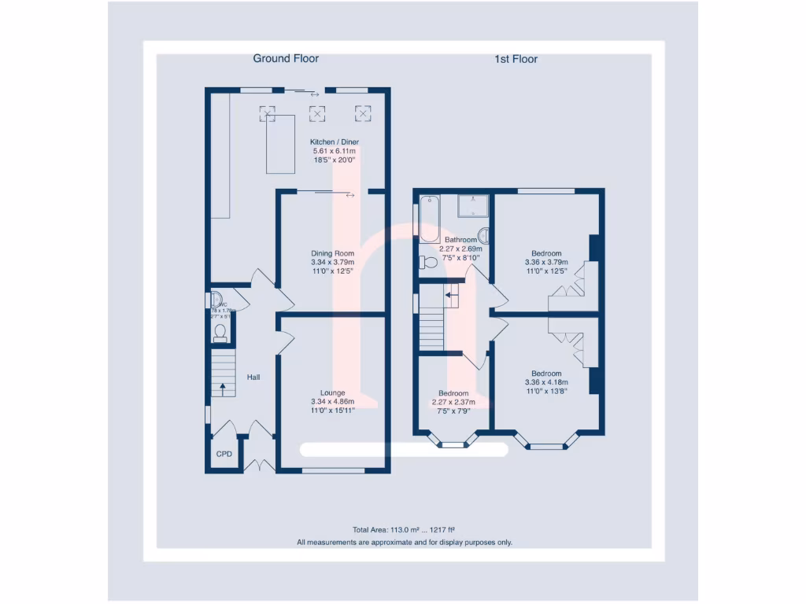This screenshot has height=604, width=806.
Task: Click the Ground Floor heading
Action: pyautogui.click(x=286, y=58)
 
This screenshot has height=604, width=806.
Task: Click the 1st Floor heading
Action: pyautogui.click(x=516, y=59)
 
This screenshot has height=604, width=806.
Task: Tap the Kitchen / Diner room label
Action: pyautogui.click(x=335, y=142)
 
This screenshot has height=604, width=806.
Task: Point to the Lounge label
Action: pyautogui.click(x=332, y=392)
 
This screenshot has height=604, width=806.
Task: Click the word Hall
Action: pyautogui.click(x=253, y=377)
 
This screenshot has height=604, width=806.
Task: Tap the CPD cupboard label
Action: pyautogui.click(x=224, y=455)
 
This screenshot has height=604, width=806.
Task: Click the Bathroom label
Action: pyautogui.click(x=460, y=240)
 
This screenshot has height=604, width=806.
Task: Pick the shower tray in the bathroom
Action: pyautogui.click(x=473, y=206)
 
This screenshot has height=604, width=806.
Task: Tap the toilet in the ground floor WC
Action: pyautogui.click(x=220, y=333)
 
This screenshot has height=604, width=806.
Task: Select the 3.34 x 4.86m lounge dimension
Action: pyautogui.click(x=332, y=401)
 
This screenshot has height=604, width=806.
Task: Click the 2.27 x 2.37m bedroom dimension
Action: pyautogui.click(x=453, y=402)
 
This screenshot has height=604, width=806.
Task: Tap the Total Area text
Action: pyautogui.click(x=404, y=530)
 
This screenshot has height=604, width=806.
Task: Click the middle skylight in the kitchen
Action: pyautogui.click(x=317, y=113)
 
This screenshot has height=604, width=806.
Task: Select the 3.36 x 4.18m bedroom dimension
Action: pyautogui.click(x=546, y=382)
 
